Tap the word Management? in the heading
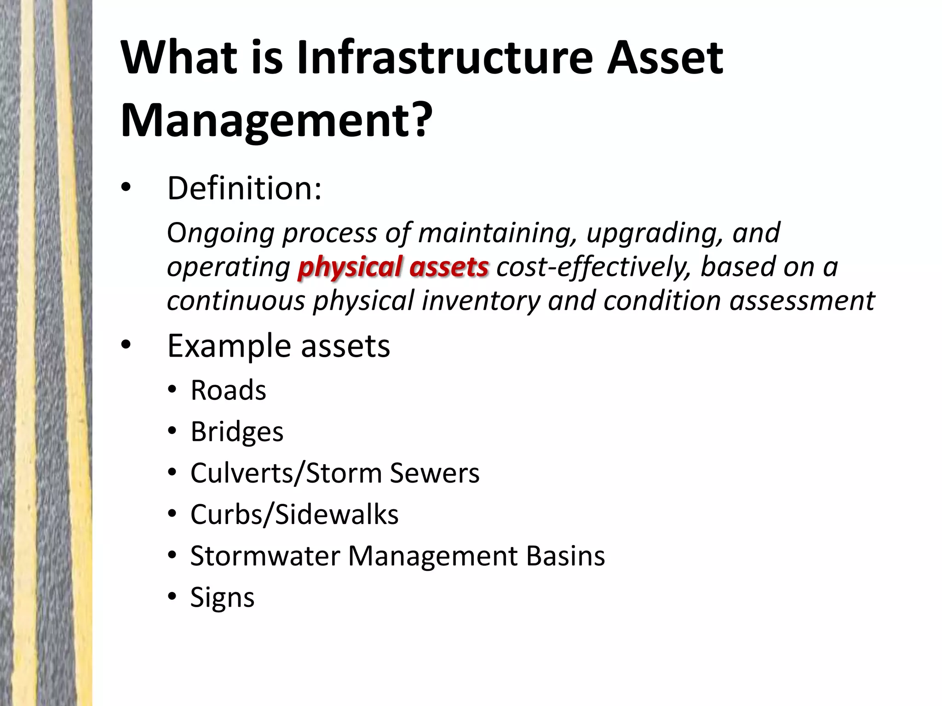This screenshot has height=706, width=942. pos(276,120)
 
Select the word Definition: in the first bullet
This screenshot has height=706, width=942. pos(244,188)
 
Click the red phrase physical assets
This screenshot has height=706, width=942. pos(393,267)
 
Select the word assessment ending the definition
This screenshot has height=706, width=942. pos(802,301)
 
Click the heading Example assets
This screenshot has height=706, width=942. pos(278,346)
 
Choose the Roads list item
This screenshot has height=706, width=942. pos(228,390)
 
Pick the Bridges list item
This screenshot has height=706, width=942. pos(237,432)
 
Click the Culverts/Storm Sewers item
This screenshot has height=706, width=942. pos(334,473)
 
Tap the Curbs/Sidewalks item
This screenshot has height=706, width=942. pos(294,514)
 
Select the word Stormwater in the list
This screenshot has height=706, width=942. pos(265,556)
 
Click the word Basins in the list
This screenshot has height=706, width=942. pos(565,556)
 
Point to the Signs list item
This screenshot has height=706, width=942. pos(222,598)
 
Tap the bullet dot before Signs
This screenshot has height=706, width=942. pos(172,597)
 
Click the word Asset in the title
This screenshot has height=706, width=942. pos(665,58)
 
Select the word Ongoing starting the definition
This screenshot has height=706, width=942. pos(220,233)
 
